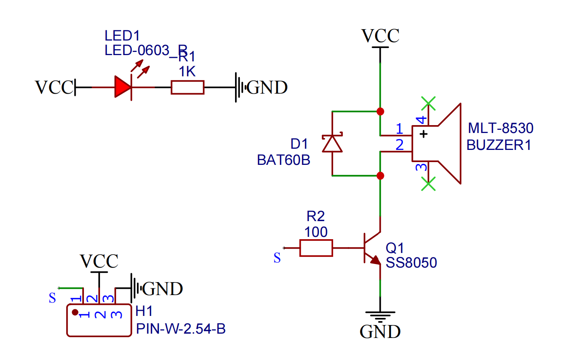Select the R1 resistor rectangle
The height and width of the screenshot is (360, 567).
tap(187, 87)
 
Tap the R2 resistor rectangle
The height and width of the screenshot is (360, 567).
tap(316, 248)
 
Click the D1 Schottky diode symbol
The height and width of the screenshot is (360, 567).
tap(332, 144)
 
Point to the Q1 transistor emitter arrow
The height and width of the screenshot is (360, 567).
tap(376, 260)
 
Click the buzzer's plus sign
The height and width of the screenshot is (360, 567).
tap(424, 134)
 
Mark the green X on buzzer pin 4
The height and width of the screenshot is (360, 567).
tap(428, 103)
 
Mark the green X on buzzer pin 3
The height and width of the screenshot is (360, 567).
tap(428, 184)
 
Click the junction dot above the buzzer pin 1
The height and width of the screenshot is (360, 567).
tap(380, 111)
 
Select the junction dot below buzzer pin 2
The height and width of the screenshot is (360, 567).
tap(380, 175)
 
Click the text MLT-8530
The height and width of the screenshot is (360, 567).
tap(500, 128)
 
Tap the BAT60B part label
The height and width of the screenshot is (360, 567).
tap(283, 160)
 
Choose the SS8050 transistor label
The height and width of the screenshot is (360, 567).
tap(411, 263)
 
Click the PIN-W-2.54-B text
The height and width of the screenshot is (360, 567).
tap(181, 329)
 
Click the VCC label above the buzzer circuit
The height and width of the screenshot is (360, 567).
tap(380, 36)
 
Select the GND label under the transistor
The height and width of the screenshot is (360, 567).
tap(380, 332)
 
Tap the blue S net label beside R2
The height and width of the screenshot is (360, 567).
tap(277, 258)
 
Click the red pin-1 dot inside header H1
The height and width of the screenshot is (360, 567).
tap(75, 312)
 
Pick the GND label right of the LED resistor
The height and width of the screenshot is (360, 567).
tap(267, 87)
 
